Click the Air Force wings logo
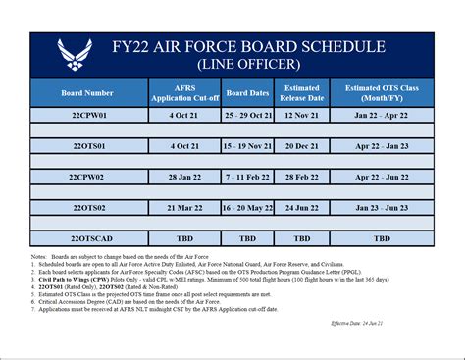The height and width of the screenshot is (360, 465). tap(75, 55)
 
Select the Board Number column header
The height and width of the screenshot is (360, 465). tap(87, 94)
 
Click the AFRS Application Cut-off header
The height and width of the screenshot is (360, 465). tap(183, 94)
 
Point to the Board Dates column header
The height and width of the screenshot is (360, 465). tap(248, 94)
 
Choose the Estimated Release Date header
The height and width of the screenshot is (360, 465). tap(302, 94)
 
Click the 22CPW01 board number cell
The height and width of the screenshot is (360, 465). tap(87, 115)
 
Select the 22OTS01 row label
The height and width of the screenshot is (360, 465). tap(87, 145)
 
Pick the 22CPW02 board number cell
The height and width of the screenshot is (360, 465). tap(87, 177)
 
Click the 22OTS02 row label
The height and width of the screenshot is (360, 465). tap(87, 207)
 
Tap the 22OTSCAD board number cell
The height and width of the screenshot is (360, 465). tap(87, 238)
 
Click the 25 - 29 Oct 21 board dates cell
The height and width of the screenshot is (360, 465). tap(248, 115)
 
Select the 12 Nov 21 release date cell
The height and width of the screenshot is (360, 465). tap(302, 115)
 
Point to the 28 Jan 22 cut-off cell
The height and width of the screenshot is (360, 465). tap(183, 177)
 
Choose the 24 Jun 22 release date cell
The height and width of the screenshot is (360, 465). tap(302, 207)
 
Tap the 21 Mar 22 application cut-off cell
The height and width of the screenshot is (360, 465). tap(183, 207)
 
